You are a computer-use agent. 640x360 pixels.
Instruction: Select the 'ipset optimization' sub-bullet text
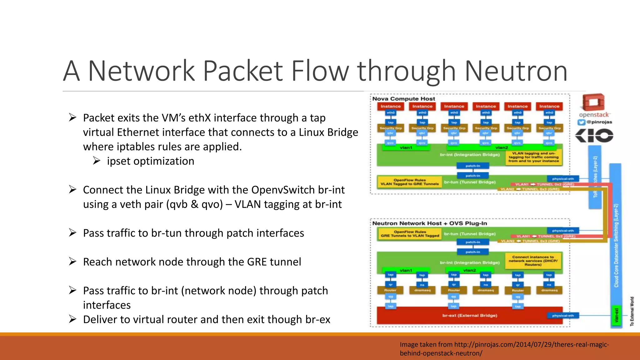(150, 161)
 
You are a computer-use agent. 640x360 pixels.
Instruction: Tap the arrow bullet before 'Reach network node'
(72, 262)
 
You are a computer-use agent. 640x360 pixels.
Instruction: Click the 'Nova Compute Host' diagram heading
(403, 99)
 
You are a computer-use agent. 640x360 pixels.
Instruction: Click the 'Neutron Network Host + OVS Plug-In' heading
(429, 223)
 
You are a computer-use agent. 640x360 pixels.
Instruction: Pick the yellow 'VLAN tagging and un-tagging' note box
(533, 157)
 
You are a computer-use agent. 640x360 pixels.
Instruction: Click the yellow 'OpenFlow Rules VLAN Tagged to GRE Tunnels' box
(409, 182)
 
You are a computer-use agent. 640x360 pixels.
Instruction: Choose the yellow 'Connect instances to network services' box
(533, 261)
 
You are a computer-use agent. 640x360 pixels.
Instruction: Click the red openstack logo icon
(593, 102)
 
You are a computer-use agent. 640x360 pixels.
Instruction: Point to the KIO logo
(594, 136)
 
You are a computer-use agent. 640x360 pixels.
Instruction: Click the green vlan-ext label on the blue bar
(616, 316)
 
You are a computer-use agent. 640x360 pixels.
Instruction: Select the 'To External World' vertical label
(632, 311)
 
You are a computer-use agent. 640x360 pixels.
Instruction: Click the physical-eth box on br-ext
(563, 316)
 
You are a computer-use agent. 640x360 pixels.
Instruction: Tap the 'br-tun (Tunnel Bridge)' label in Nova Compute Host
(469, 182)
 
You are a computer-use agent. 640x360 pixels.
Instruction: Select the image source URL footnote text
(504, 349)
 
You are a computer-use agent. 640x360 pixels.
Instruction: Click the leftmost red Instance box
(390, 106)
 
